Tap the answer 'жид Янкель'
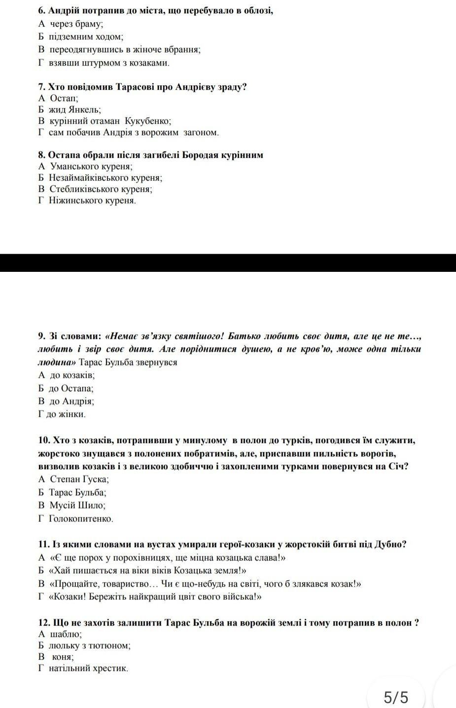tap(74, 110)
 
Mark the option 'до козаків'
tap(72, 375)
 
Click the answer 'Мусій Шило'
tap(77, 505)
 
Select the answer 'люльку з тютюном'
tap(89, 645)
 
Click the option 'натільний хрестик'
tap(88, 669)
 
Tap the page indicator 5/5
tap(396, 698)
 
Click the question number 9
tap(41, 336)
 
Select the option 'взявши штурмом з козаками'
tap(109, 63)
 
